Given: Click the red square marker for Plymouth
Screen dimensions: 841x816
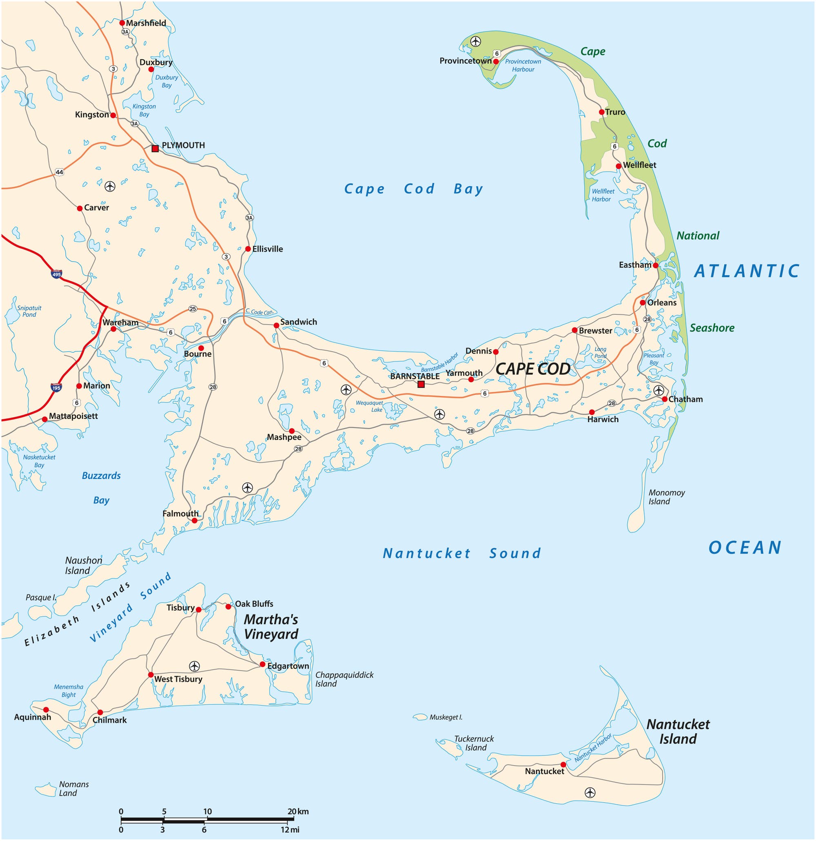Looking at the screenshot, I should (x=155, y=149).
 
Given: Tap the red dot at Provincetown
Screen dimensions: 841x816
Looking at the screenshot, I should (x=496, y=61).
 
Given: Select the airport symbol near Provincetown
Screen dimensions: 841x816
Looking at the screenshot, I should (x=475, y=42).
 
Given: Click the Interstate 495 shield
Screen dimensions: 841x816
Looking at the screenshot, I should (x=57, y=274).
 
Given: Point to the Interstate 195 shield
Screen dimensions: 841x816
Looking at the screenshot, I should (x=56, y=387).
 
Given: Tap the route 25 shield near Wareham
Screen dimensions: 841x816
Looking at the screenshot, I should (x=193, y=309).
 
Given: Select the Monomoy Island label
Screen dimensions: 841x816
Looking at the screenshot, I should (x=666, y=497).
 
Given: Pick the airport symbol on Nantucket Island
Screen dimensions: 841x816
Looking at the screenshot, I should (x=590, y=792).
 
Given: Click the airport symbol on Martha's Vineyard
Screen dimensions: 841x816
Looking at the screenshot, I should (x=194, y=666).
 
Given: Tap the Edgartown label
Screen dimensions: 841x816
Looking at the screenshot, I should (x=288, y=666).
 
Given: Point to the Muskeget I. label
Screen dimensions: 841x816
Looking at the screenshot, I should (x=446, y=717).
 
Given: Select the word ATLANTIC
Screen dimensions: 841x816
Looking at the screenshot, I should (x=747, y=271).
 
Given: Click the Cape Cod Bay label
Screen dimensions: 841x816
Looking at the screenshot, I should (x=414, y=189).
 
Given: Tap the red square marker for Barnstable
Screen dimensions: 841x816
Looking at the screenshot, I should (x=421, y=384).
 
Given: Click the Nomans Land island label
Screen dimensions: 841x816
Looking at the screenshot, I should (x=74, y=789).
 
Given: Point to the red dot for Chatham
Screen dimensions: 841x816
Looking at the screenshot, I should (x=664, y=399).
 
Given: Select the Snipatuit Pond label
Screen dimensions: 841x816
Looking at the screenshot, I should (x=29, y=311).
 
